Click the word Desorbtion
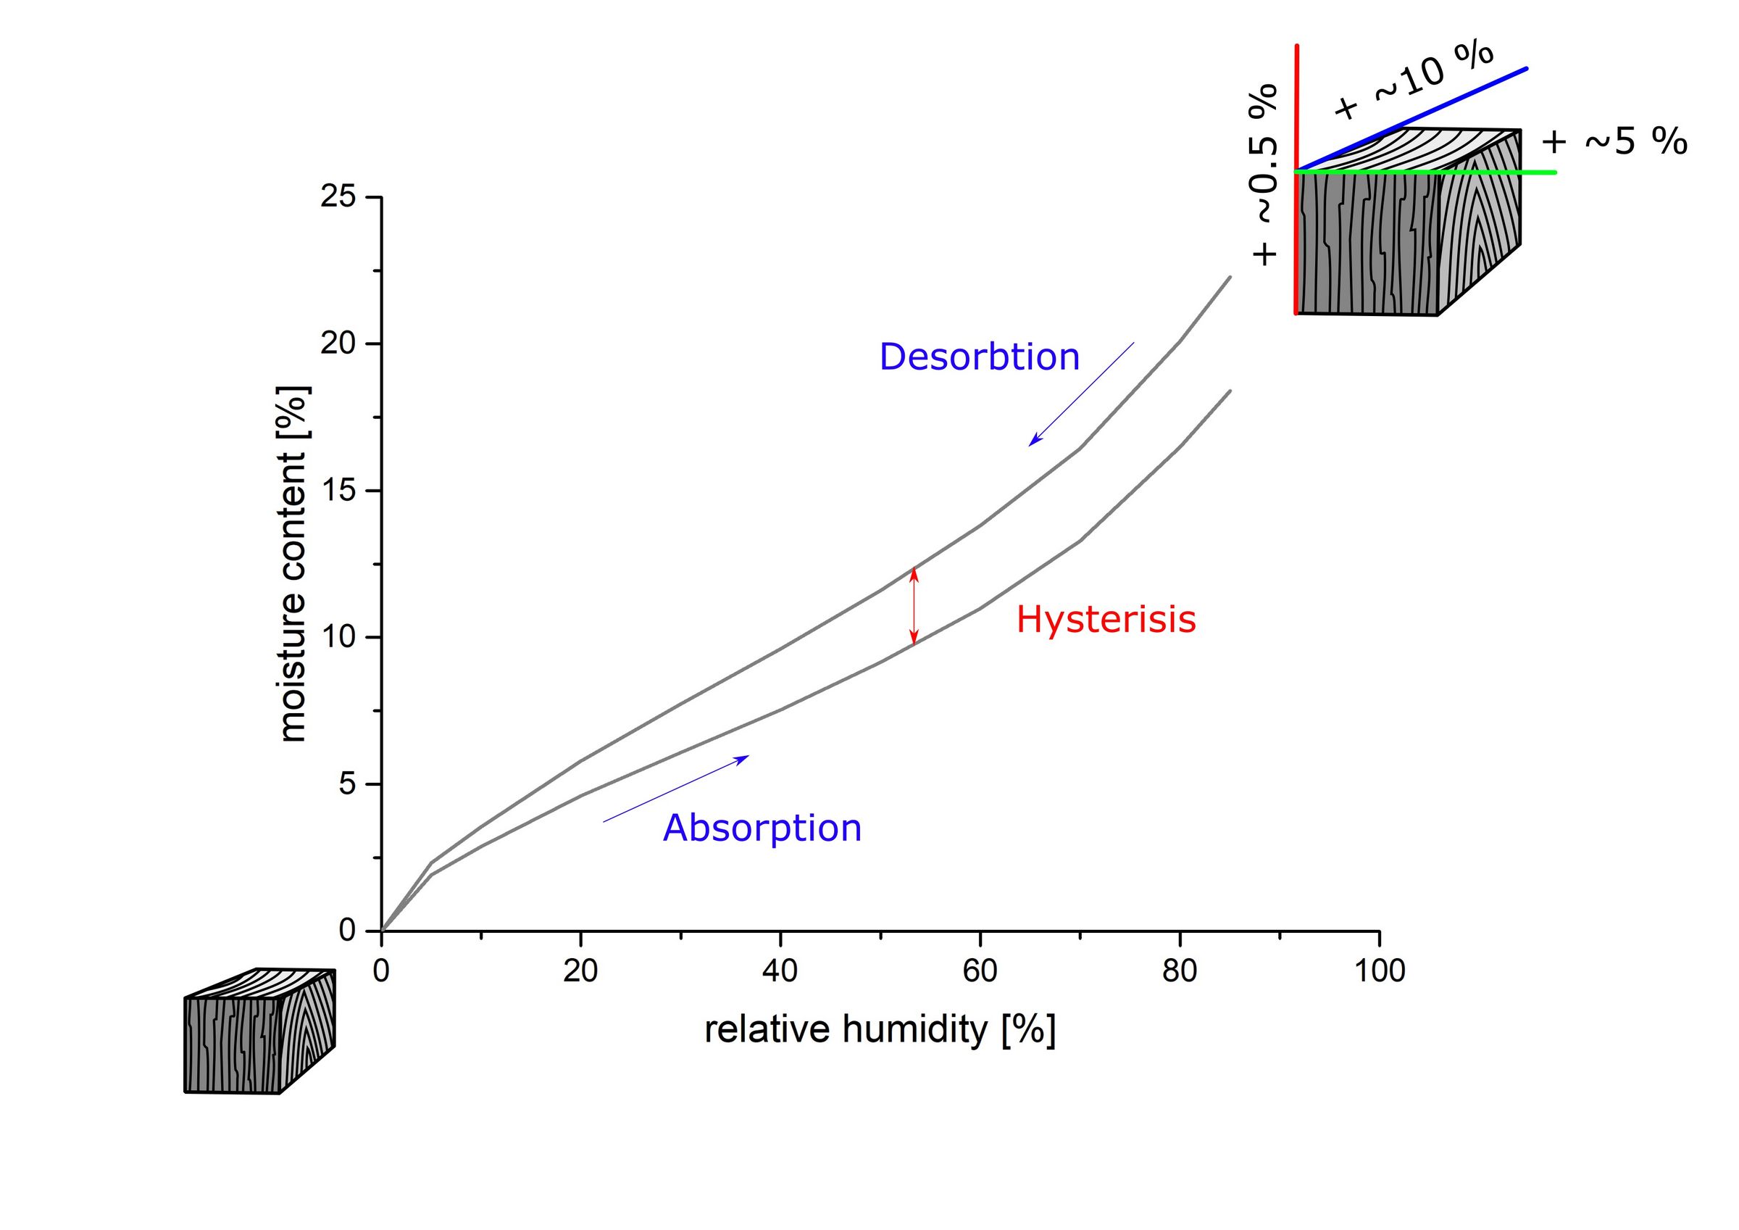point(979,357)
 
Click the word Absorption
point(762,828)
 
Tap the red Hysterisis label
point(1105,619)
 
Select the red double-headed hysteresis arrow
point(914,606)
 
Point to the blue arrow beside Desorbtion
point(1081,394)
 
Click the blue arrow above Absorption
point(675,789)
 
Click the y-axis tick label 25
point(338,197)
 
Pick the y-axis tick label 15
point(338,490)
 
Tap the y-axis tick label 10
point(338,637)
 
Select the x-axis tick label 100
point(1379,971)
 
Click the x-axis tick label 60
point(980,971)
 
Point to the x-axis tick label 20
point(580,971)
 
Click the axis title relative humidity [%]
point(880,1030)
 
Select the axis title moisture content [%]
point(293,564)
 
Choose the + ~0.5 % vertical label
point(1264,174)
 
